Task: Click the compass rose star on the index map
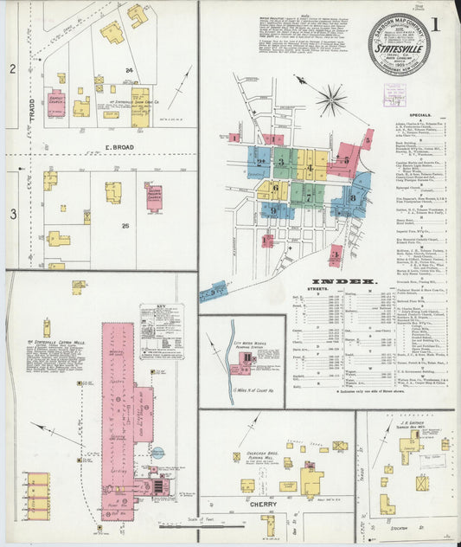pyautogui.click(x=330, y=100)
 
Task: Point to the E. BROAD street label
pyautogui.click(x=119, y=148)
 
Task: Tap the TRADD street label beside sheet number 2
pyautogui.click(x=30, y=87)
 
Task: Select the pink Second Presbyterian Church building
pyautogui.click(x=153, y=197)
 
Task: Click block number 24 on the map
pyautogui.click(x=128, y=70)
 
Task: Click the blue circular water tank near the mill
pyautogui.click(x=158, y=452)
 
